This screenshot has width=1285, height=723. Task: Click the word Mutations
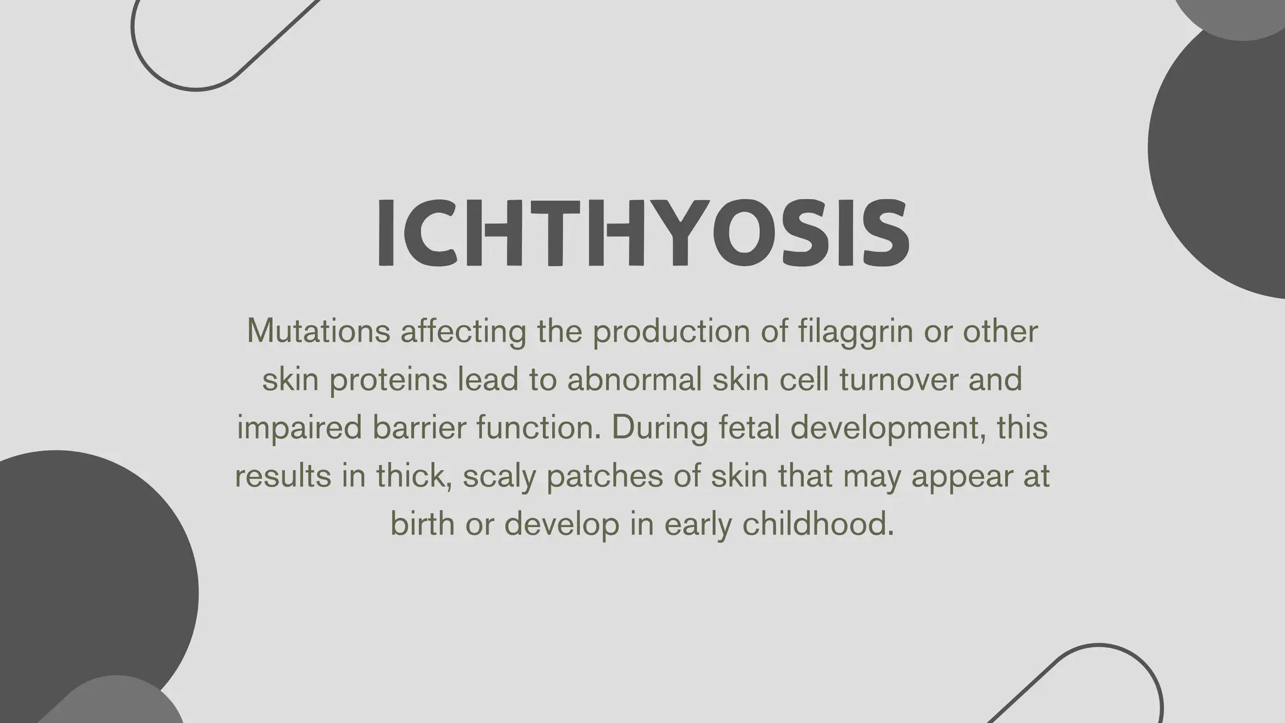tap(319, 331)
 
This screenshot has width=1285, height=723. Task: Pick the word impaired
tap(299, 428)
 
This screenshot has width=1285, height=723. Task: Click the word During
tap(660, 428)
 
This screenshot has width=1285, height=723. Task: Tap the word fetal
tap(749, 428)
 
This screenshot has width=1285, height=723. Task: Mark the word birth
tap(422, 524)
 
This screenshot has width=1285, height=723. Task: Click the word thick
tap(415, 476)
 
